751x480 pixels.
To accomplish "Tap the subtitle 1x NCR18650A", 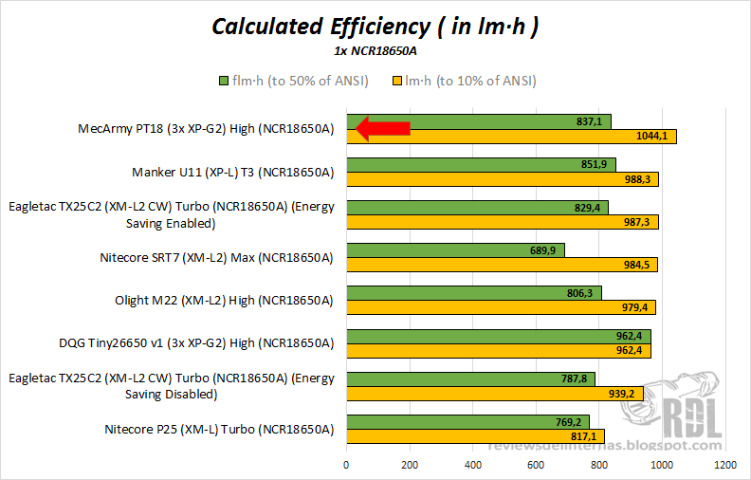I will pyautogui.click(x=375, y=51).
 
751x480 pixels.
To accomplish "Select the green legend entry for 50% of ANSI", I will pyautogui.click(x=293, y=81).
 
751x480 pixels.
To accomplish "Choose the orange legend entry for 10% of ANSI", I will pyautogui.click(x=464, y=81).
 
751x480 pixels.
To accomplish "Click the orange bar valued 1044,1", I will pyautogui.click(x=511, y=137).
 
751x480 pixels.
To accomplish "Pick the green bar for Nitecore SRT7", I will pyautogui.click(x=455, y=249).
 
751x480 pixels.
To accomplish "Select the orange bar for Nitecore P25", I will pyautogui.click(x=475, y=436).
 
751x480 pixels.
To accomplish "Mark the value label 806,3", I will pyautogui.click(x=578, y=293).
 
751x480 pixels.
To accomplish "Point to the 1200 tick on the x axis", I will pyautogui.click(x=725, y=465).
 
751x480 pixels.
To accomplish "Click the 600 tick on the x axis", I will pyautogui.click(x=536, y=465).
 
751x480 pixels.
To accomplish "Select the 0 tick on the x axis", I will pyautogui.click(x=346, y=465).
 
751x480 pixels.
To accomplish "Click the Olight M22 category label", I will pyautogui.click(x=224, y=301).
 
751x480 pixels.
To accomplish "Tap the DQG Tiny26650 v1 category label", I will pyautogui.click(x=196, y=343).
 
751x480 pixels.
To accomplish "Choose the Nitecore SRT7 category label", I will pyautogui.click(x=216, y=257).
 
